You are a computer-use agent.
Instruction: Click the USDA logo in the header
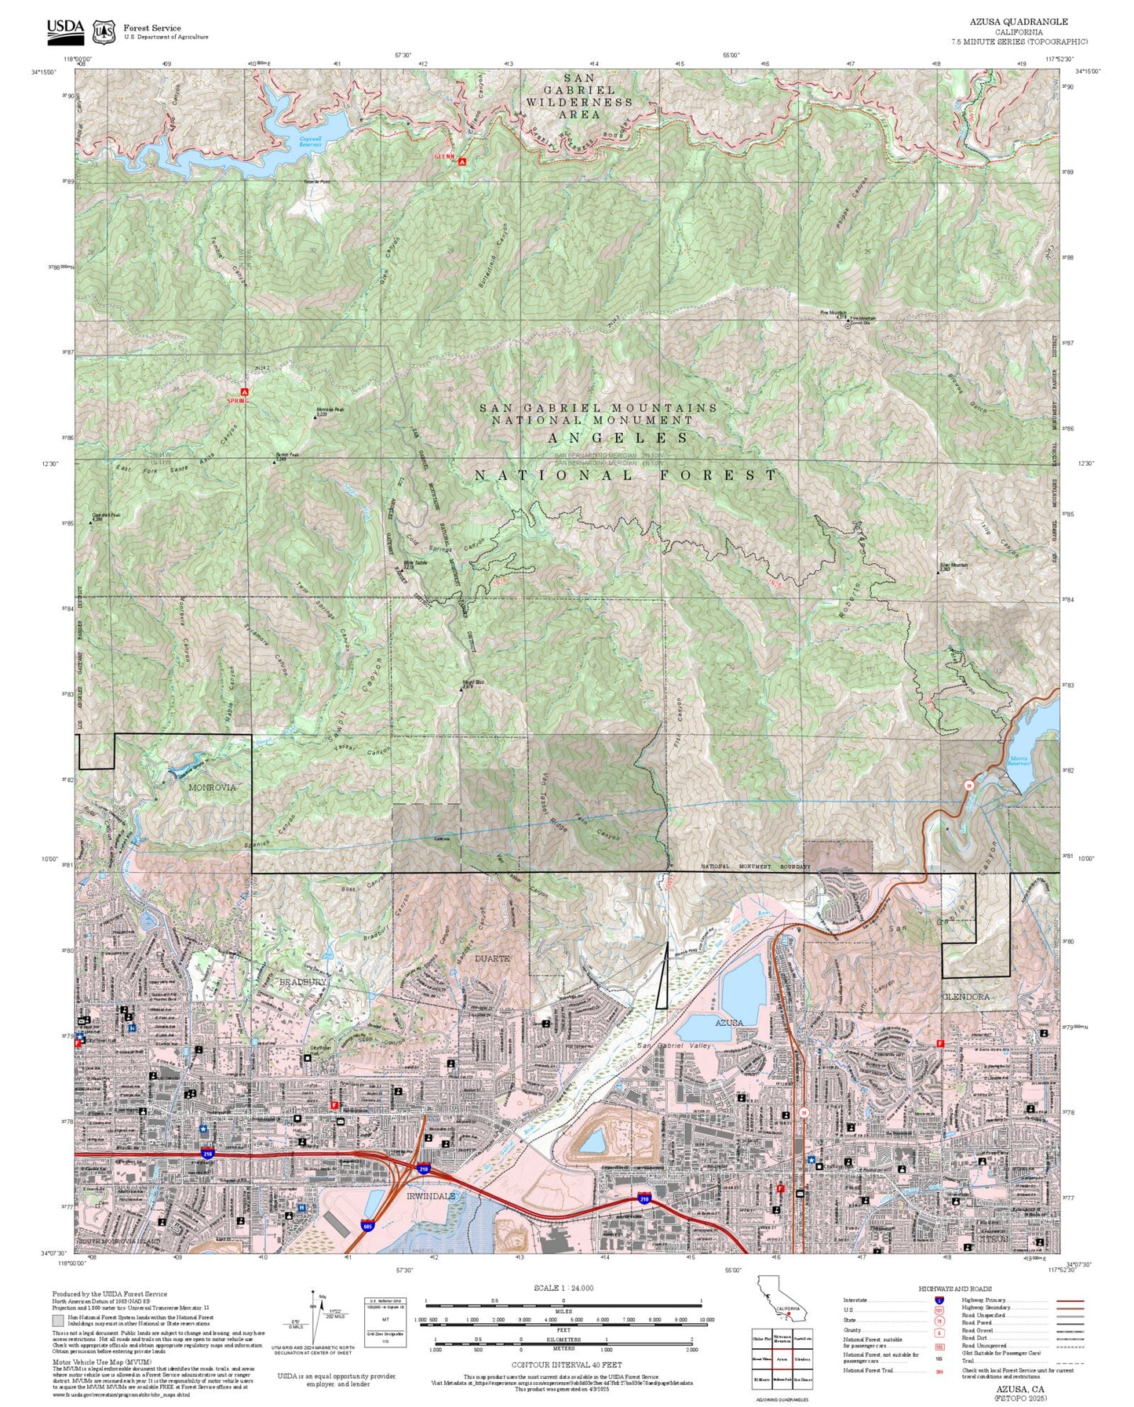pos(65,29)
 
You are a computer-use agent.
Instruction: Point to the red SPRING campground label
pos(237,401)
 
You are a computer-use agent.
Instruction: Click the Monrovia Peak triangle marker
pos(315,416)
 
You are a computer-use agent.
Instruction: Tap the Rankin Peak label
pos(288,455)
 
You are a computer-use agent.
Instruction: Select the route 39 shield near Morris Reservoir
pos(969,784)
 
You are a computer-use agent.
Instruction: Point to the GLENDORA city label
pos(965,997)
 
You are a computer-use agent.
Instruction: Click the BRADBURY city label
pos(303,982)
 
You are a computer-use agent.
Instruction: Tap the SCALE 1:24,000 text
pos(563,1288)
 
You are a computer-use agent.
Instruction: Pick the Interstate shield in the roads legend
pos(939,1300)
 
